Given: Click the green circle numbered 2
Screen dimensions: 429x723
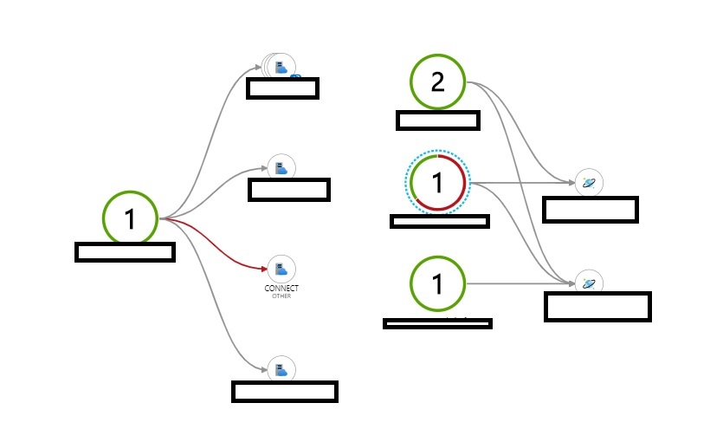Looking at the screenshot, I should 437,82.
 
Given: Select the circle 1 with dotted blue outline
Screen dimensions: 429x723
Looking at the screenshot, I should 437,183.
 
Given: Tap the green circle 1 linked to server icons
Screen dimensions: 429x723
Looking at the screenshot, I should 130,218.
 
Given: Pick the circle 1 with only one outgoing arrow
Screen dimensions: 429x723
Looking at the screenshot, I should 437,283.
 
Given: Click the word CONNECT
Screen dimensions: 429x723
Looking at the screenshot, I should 281,288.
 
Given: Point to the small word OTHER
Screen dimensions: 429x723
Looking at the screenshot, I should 281,296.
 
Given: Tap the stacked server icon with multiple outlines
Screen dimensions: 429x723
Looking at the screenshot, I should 280,67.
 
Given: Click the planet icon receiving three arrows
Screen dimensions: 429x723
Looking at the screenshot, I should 589,283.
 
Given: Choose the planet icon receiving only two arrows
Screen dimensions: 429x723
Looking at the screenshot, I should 589,183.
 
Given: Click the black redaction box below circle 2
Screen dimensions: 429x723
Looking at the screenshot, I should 437,120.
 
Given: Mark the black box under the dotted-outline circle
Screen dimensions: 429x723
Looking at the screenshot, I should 440,221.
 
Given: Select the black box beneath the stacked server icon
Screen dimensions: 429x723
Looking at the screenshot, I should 282,88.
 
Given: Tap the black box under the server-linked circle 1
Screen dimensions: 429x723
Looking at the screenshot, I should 126,252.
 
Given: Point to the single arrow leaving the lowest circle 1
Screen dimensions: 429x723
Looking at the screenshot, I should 520,283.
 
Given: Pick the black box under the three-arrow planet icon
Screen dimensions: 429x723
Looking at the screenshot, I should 597,307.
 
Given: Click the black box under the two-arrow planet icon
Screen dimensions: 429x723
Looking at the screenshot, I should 590,210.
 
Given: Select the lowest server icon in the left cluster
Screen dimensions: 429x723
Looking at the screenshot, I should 281,370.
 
